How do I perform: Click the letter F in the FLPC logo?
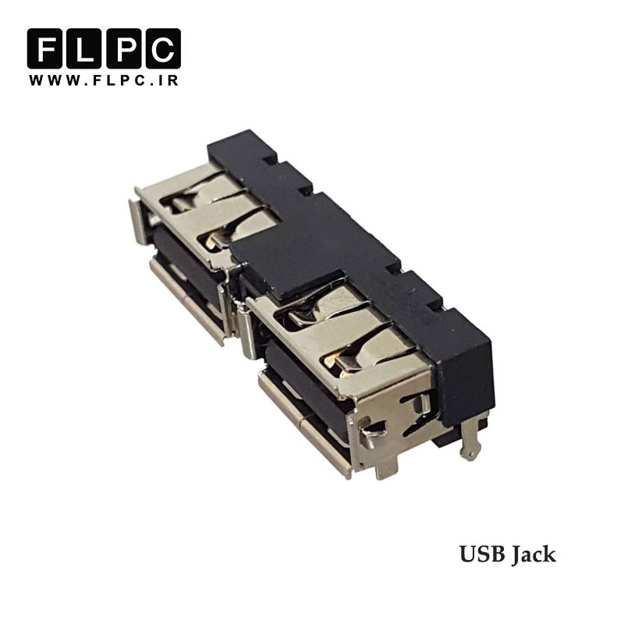pyautogui.click(x=44, y=48)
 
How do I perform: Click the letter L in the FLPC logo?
pyautogui.click(x=83, y=48)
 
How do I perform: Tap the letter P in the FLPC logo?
pyautogui.click(x=123, y=48)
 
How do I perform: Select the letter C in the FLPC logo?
pyautogui.click(x=163, y=48)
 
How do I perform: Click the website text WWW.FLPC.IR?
pyautogui.click(x=104, y=80)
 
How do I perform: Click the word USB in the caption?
pyautogui.click(x=482, y=554)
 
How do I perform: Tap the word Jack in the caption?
pyautogui.click(x=534, y=554)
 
